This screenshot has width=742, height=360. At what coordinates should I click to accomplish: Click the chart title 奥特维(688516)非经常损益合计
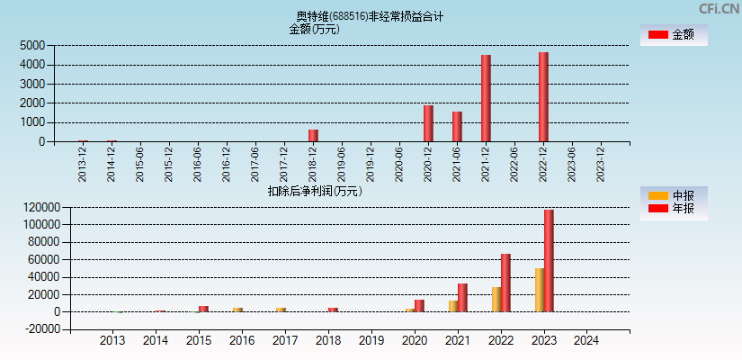[x=370, y=16]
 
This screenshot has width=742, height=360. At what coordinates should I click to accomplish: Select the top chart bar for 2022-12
[x=543, y=97]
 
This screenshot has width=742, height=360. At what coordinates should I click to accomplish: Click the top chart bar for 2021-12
[x=486, y=98]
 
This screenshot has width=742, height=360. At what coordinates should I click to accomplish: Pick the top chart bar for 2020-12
[x=428, y=123]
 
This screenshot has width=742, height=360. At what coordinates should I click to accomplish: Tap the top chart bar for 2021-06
[x=457, y=127]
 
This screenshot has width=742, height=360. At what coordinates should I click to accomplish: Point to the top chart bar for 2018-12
[x=313, y=136]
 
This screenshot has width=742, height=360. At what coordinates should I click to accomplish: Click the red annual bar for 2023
[x=549, y=261]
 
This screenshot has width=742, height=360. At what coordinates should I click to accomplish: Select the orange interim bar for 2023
[x=540, y=290]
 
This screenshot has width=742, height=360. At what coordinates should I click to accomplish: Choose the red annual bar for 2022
[x=505, y=283]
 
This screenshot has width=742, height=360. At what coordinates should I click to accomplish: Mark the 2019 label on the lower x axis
[x=371, y=341]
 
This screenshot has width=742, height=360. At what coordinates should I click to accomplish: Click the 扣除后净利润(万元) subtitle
[x=315, y=191]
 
